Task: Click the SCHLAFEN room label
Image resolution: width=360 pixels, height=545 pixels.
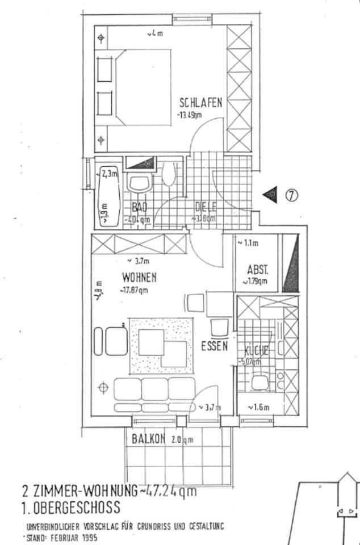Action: point(200,103)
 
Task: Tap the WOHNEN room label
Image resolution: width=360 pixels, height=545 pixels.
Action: point(139,278)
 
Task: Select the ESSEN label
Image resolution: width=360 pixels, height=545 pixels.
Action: point(215,346)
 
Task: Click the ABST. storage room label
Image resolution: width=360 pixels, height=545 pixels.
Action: point(257,270)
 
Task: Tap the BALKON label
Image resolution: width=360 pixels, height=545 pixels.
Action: point(148,438)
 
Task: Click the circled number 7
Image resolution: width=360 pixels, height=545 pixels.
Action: point(290,195)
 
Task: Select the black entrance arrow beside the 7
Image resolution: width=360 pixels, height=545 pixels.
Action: point(271,195)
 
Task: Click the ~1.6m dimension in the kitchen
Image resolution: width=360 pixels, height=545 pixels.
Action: point(257,407)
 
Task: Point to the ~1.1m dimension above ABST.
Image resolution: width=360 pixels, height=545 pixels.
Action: point(248,244)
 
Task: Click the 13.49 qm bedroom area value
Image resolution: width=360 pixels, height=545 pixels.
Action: point(190,115)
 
